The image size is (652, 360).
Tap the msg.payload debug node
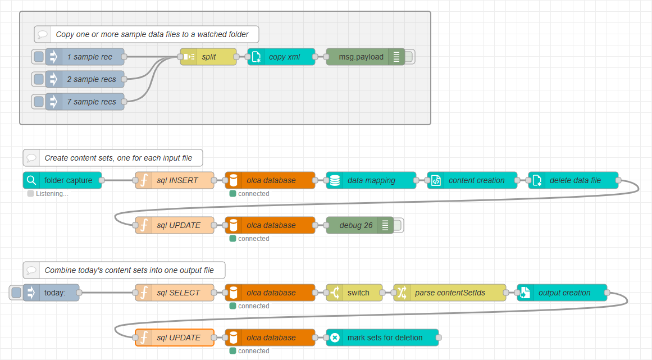361,57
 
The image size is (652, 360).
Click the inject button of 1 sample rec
39,57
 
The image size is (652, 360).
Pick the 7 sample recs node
91,102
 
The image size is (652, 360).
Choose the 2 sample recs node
91,79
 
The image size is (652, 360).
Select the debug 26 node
355,225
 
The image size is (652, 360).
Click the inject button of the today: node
16,293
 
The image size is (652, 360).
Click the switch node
354,293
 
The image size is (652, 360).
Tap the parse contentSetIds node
450,293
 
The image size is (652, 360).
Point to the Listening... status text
52,194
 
